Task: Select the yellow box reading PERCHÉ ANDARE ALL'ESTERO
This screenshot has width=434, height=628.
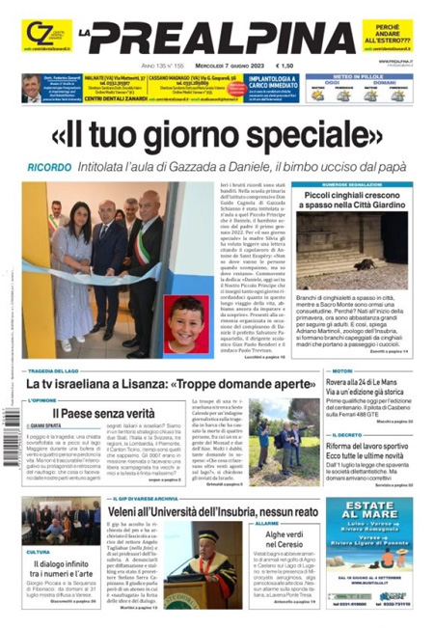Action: point(388,35)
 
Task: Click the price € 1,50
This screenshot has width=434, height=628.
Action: point(285,66)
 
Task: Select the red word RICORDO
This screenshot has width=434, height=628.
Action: point(48,166)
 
